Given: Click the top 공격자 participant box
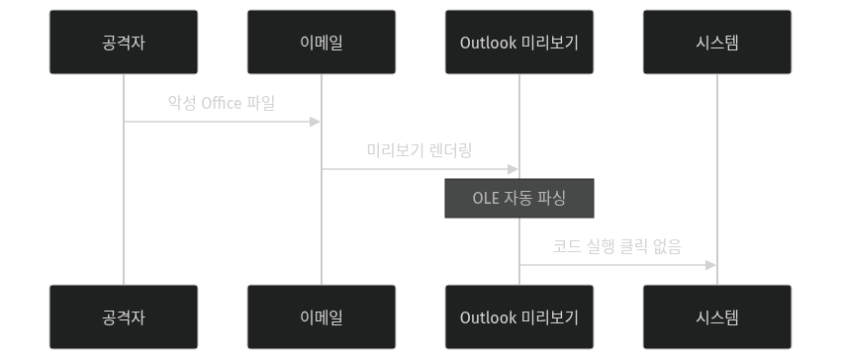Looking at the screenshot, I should pos(124,42).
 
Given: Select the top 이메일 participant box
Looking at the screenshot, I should pos(322,42).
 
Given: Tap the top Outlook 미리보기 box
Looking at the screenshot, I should pos(519,42).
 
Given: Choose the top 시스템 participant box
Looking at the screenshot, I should pos(717,42).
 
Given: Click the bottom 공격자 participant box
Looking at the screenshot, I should pos(124,317).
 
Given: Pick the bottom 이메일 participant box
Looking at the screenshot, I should pos(322,317).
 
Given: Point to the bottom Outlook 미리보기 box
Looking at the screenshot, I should pos(519,317).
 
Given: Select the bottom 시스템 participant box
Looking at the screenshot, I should pos(717,317).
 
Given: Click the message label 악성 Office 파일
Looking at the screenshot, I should pos(222,103).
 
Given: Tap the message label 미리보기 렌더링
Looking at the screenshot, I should pos(420,150).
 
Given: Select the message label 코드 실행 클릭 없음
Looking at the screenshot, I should pos(617,246).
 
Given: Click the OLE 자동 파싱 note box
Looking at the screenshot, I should pos(519,199).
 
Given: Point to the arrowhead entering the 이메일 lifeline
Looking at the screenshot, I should pos(316,122).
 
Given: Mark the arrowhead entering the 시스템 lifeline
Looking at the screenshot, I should pos(711,265).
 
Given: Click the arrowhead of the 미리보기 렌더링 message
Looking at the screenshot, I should pos(514,169).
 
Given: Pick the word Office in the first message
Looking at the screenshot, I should pos(222,103).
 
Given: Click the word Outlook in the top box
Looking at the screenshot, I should pos(488,42).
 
